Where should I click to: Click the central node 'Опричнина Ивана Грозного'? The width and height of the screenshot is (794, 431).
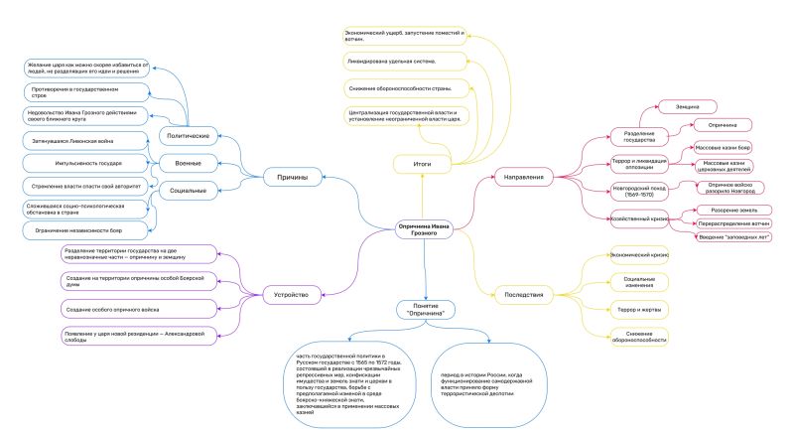point(424,228)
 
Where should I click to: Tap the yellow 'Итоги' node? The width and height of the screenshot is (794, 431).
point(423,161)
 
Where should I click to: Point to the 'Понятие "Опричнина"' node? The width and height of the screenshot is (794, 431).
point(427,309)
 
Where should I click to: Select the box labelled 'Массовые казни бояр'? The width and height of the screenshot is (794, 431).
point(722,147)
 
